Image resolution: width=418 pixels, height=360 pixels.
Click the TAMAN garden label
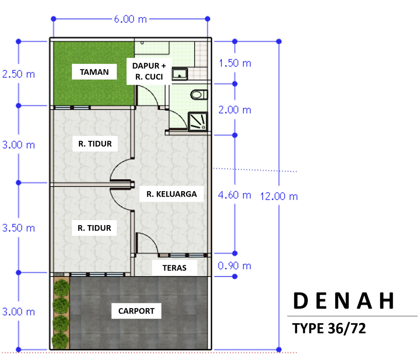tap(94, 72)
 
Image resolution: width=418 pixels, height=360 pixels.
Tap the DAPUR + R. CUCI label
tap(149, 71)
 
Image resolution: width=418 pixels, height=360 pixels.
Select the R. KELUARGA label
tap(171, 194)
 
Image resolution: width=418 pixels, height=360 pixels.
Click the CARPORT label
tap(136, 311)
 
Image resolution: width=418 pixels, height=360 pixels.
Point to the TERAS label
tap(174, 268)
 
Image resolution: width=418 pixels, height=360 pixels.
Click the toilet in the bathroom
tap(199, 95)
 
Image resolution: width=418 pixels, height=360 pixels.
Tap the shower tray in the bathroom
tap(198, 121)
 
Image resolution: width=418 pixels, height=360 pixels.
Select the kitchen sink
tap(180, 74)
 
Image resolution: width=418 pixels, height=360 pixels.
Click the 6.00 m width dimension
tap(130, 19)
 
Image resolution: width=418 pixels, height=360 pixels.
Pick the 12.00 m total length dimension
tap(278, 197)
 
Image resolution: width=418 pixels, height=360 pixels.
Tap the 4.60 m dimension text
tap(234, 195)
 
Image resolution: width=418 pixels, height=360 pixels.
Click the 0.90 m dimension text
tap(234, 266)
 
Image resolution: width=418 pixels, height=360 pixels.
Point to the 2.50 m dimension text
tap(18, 74)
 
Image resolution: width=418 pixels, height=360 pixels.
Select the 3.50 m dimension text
tap(18, 228)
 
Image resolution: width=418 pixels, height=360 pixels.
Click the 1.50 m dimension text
tap(235, 63)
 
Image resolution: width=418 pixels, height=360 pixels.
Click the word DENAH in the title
tap(344, 301)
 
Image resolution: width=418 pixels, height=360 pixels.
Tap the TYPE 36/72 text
tap(329, 328)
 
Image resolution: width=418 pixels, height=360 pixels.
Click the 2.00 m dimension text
tap(235, 110)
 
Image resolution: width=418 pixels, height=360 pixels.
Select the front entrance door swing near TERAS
tap(147, 242)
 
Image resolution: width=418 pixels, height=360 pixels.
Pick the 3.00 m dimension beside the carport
tap(18, 312)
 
